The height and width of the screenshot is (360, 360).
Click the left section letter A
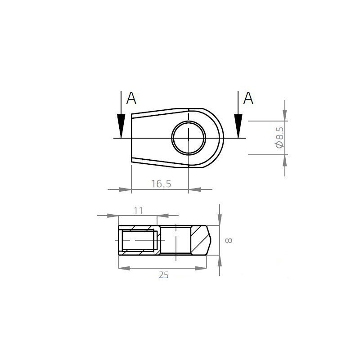pos(131,98)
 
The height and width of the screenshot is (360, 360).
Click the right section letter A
pos(248,98)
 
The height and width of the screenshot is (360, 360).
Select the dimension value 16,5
pos(160,184)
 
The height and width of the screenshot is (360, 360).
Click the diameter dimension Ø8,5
pos(279,137)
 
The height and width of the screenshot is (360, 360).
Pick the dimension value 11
pos(138,210)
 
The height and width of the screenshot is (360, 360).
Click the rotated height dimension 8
pos(228,240)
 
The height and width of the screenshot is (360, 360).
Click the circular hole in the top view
pos(189,137)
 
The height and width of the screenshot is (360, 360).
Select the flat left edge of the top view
pos(131,137)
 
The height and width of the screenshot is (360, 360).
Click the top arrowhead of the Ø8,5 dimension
pos(284,116)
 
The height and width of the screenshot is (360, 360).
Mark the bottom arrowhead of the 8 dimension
pos(219,261)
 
